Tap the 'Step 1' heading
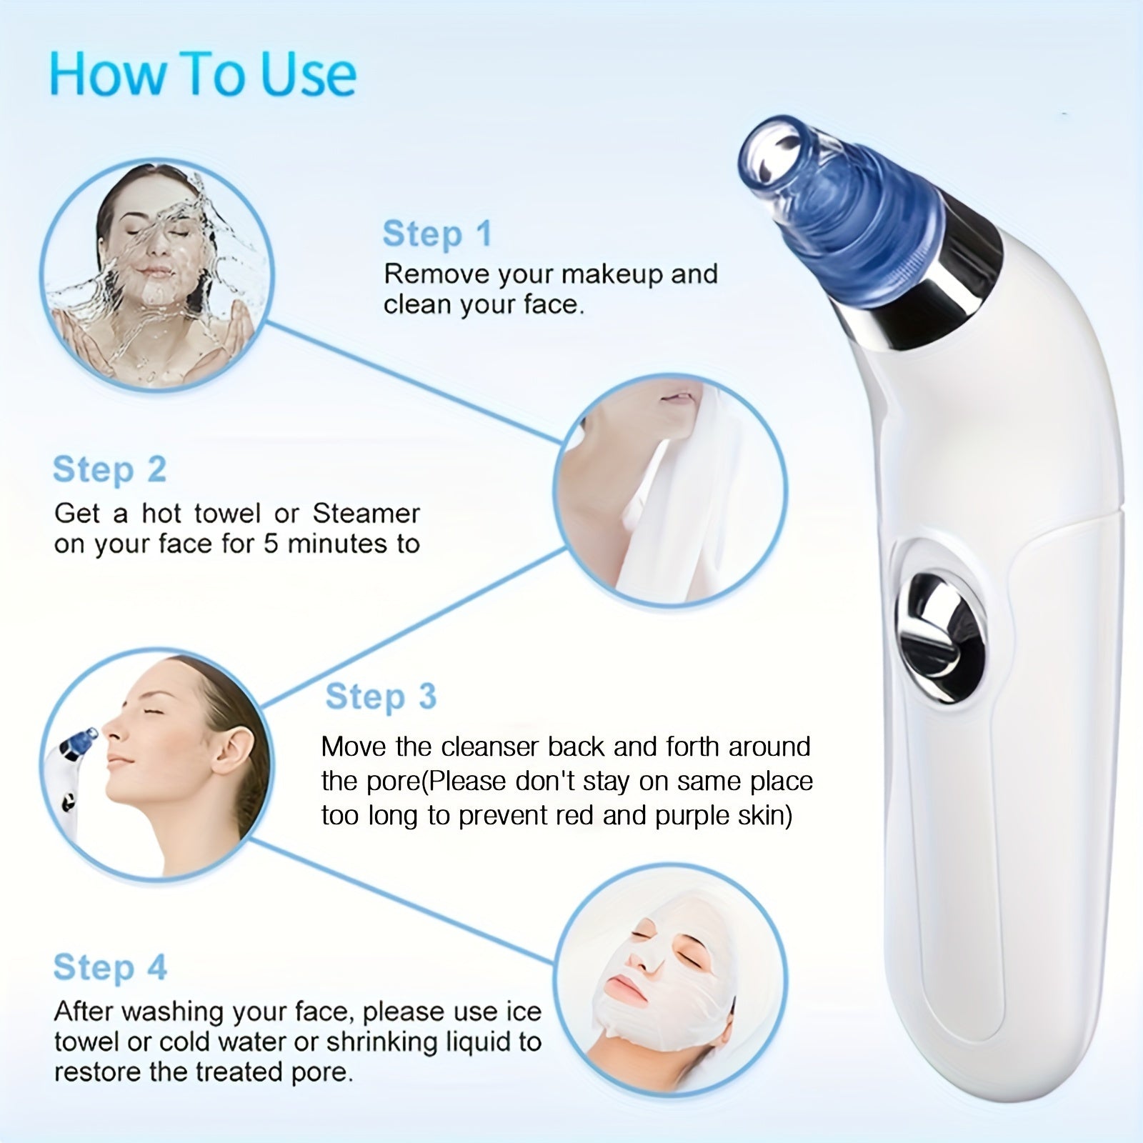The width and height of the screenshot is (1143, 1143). pyautogui.click(x=437, y=234)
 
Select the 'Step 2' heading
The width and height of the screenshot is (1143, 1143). pyautogui.click(x=109, y=470)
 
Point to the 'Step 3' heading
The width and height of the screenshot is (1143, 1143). pyautogui.click(x=381, y=697)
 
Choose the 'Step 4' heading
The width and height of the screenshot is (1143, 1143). pyautogui.click(x=109, y=967)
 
